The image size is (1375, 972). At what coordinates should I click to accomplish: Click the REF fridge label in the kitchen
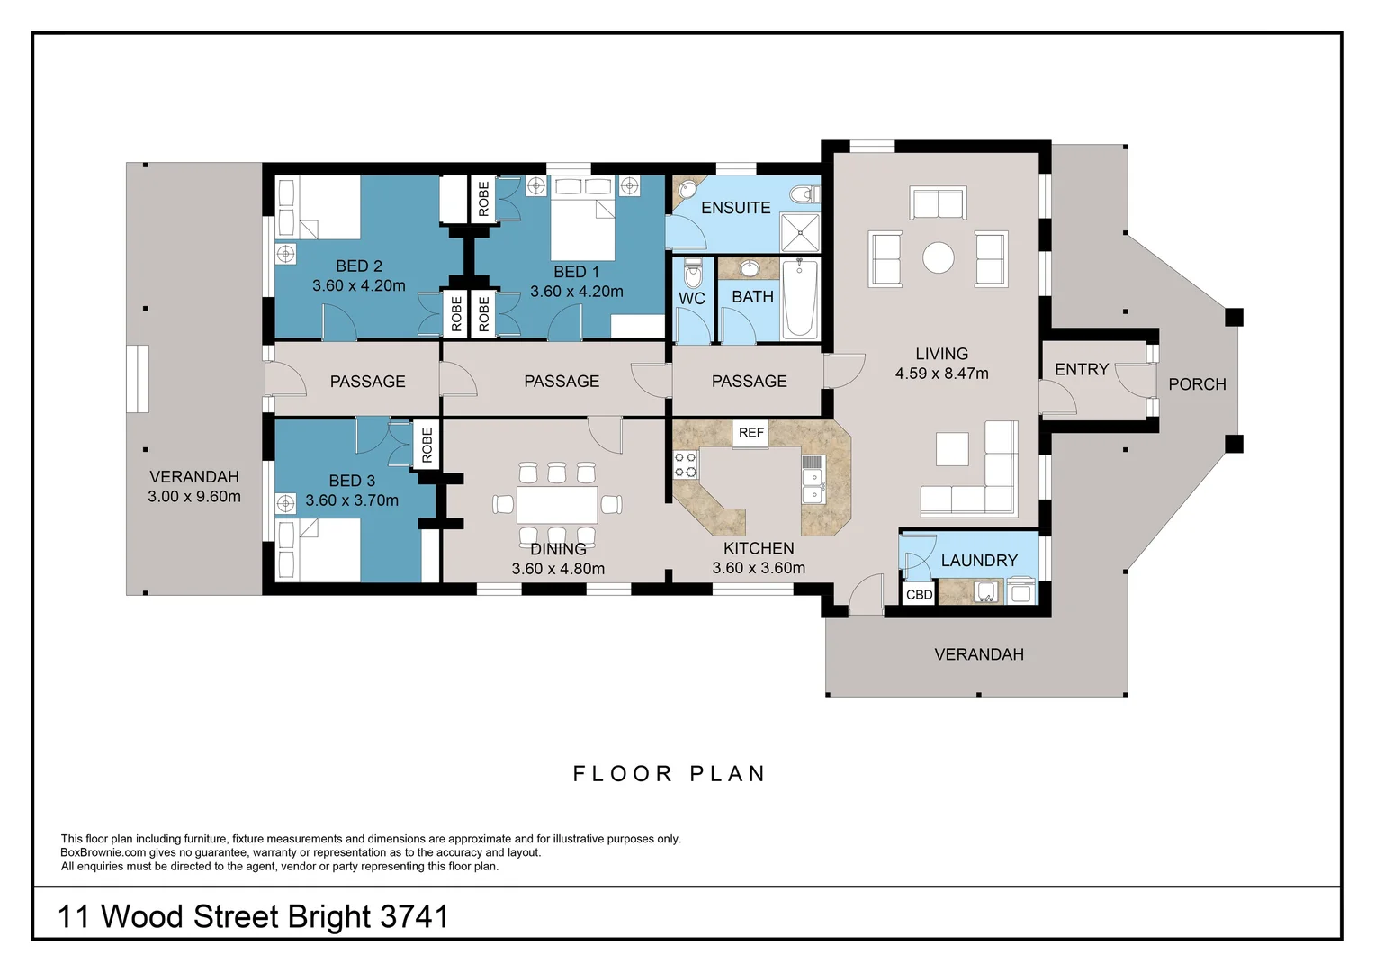coord(750,433)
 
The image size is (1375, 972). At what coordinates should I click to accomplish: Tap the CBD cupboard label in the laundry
coord(919,595)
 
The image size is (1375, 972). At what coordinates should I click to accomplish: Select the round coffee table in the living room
coord(938,258)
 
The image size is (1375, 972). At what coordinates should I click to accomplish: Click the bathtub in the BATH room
coord(799,299)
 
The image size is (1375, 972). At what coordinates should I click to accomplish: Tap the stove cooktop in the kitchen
coord(685,464)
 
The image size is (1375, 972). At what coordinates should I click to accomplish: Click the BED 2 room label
coord(359,266)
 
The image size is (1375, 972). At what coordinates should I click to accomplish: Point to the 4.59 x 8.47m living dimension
coord(941,373)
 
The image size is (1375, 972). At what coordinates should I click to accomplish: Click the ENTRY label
coord(1081,370)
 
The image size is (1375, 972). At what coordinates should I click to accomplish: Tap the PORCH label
coord(1197,384)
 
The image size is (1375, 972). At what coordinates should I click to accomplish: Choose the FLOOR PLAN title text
coord(669,774)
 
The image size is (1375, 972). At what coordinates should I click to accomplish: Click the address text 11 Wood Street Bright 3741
coord(253,916)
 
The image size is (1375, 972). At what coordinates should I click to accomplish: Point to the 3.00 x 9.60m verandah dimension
coord(194,497)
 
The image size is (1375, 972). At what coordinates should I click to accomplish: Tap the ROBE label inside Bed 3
coord(427,445)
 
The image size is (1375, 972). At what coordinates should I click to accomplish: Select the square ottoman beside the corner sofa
coord(951,448)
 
